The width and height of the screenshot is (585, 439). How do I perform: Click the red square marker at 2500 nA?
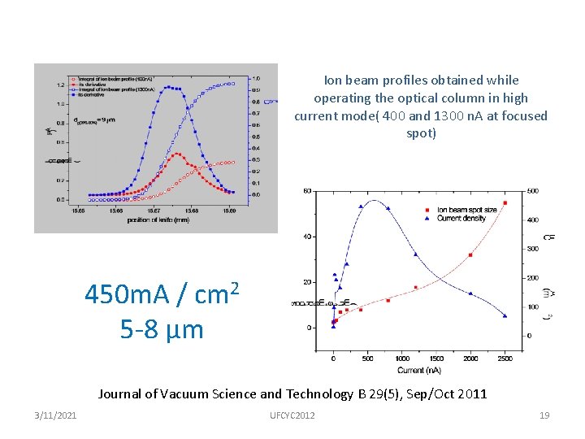click(505, 203)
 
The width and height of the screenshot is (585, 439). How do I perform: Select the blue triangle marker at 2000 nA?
click(470, 293)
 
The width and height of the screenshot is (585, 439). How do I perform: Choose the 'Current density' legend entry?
click(461, 219)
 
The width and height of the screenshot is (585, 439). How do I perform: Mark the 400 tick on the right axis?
click(532, 220)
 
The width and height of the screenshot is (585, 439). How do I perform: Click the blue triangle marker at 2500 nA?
click(505, 315)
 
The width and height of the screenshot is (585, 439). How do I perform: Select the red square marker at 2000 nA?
click(470, 255)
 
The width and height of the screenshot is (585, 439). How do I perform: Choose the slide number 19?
click(544, 415)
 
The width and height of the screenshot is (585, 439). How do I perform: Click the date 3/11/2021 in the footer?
click(57, 415)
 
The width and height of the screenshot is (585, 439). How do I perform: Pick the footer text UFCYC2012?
click(292, 415)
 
